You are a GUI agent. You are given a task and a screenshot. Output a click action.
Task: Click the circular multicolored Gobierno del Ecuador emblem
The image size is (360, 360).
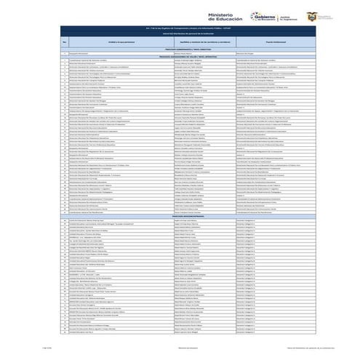pos(254,17)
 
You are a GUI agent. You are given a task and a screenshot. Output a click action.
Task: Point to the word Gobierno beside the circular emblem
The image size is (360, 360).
pos(267,15)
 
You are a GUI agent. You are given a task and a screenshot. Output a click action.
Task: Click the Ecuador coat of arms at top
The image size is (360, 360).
pos(312,16)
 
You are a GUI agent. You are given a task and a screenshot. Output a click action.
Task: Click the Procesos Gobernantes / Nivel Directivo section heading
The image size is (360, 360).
pos(180,49)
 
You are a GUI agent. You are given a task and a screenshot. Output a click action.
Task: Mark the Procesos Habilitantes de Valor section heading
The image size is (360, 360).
pos(180,56)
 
